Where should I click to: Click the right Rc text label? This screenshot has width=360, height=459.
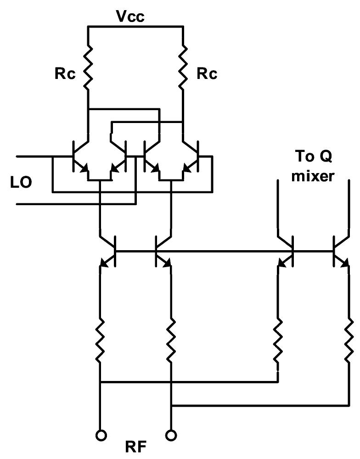click(x=206, y=74)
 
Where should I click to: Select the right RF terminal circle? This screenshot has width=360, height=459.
click(x=171, y=433)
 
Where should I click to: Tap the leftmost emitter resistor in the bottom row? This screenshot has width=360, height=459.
click(x=100, y=340)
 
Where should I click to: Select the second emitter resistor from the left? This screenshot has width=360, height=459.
click(x=171, y=340)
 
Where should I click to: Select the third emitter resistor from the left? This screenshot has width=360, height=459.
click(x=278, y=340)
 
